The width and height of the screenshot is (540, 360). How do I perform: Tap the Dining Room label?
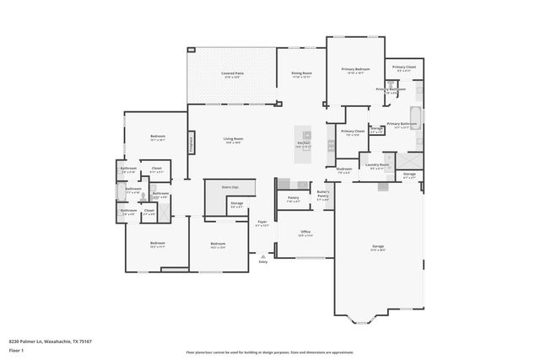[x=301, y=73]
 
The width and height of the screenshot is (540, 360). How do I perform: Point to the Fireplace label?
[x=192, y=142]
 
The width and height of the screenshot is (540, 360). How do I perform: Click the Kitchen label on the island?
[x=304, y=142]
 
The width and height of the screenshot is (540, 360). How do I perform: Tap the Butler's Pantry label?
[x=322, y=195]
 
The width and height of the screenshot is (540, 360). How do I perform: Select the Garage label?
[x=378, y=246]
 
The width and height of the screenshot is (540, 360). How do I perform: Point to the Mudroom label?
[x=344, y=169]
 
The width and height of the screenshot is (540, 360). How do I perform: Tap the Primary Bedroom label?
[x=356, y=69]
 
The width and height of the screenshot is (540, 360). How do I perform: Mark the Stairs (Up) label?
[x=230, y=186]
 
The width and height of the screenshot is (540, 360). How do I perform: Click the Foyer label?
[x=262, y=223]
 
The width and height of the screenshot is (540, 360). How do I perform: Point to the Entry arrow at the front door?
[x=262, y=256]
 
